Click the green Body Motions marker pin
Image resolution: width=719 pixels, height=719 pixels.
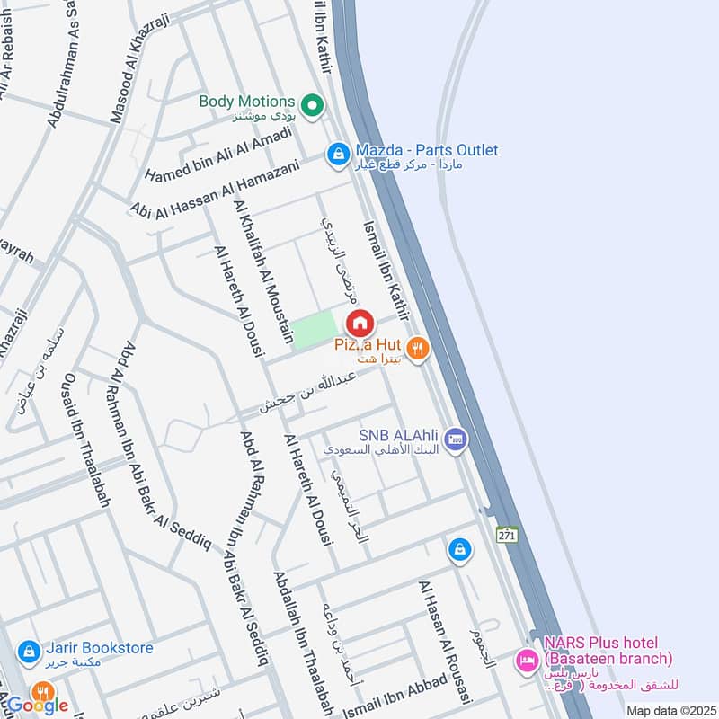pos(313,106)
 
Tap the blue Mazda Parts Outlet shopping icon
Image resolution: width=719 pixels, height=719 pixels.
pos(337,155)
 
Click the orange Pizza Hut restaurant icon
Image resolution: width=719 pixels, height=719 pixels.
pos(415,349)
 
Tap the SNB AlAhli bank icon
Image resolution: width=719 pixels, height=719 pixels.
pos(456,439)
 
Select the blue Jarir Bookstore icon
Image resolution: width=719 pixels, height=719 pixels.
pos(27,649)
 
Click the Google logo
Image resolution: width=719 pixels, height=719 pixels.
pos(38,705)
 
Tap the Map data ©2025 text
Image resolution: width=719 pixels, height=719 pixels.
pos(670,710)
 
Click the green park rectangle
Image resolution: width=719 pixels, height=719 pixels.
pos(314,331)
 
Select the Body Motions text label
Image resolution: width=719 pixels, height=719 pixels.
pos(247,102)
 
